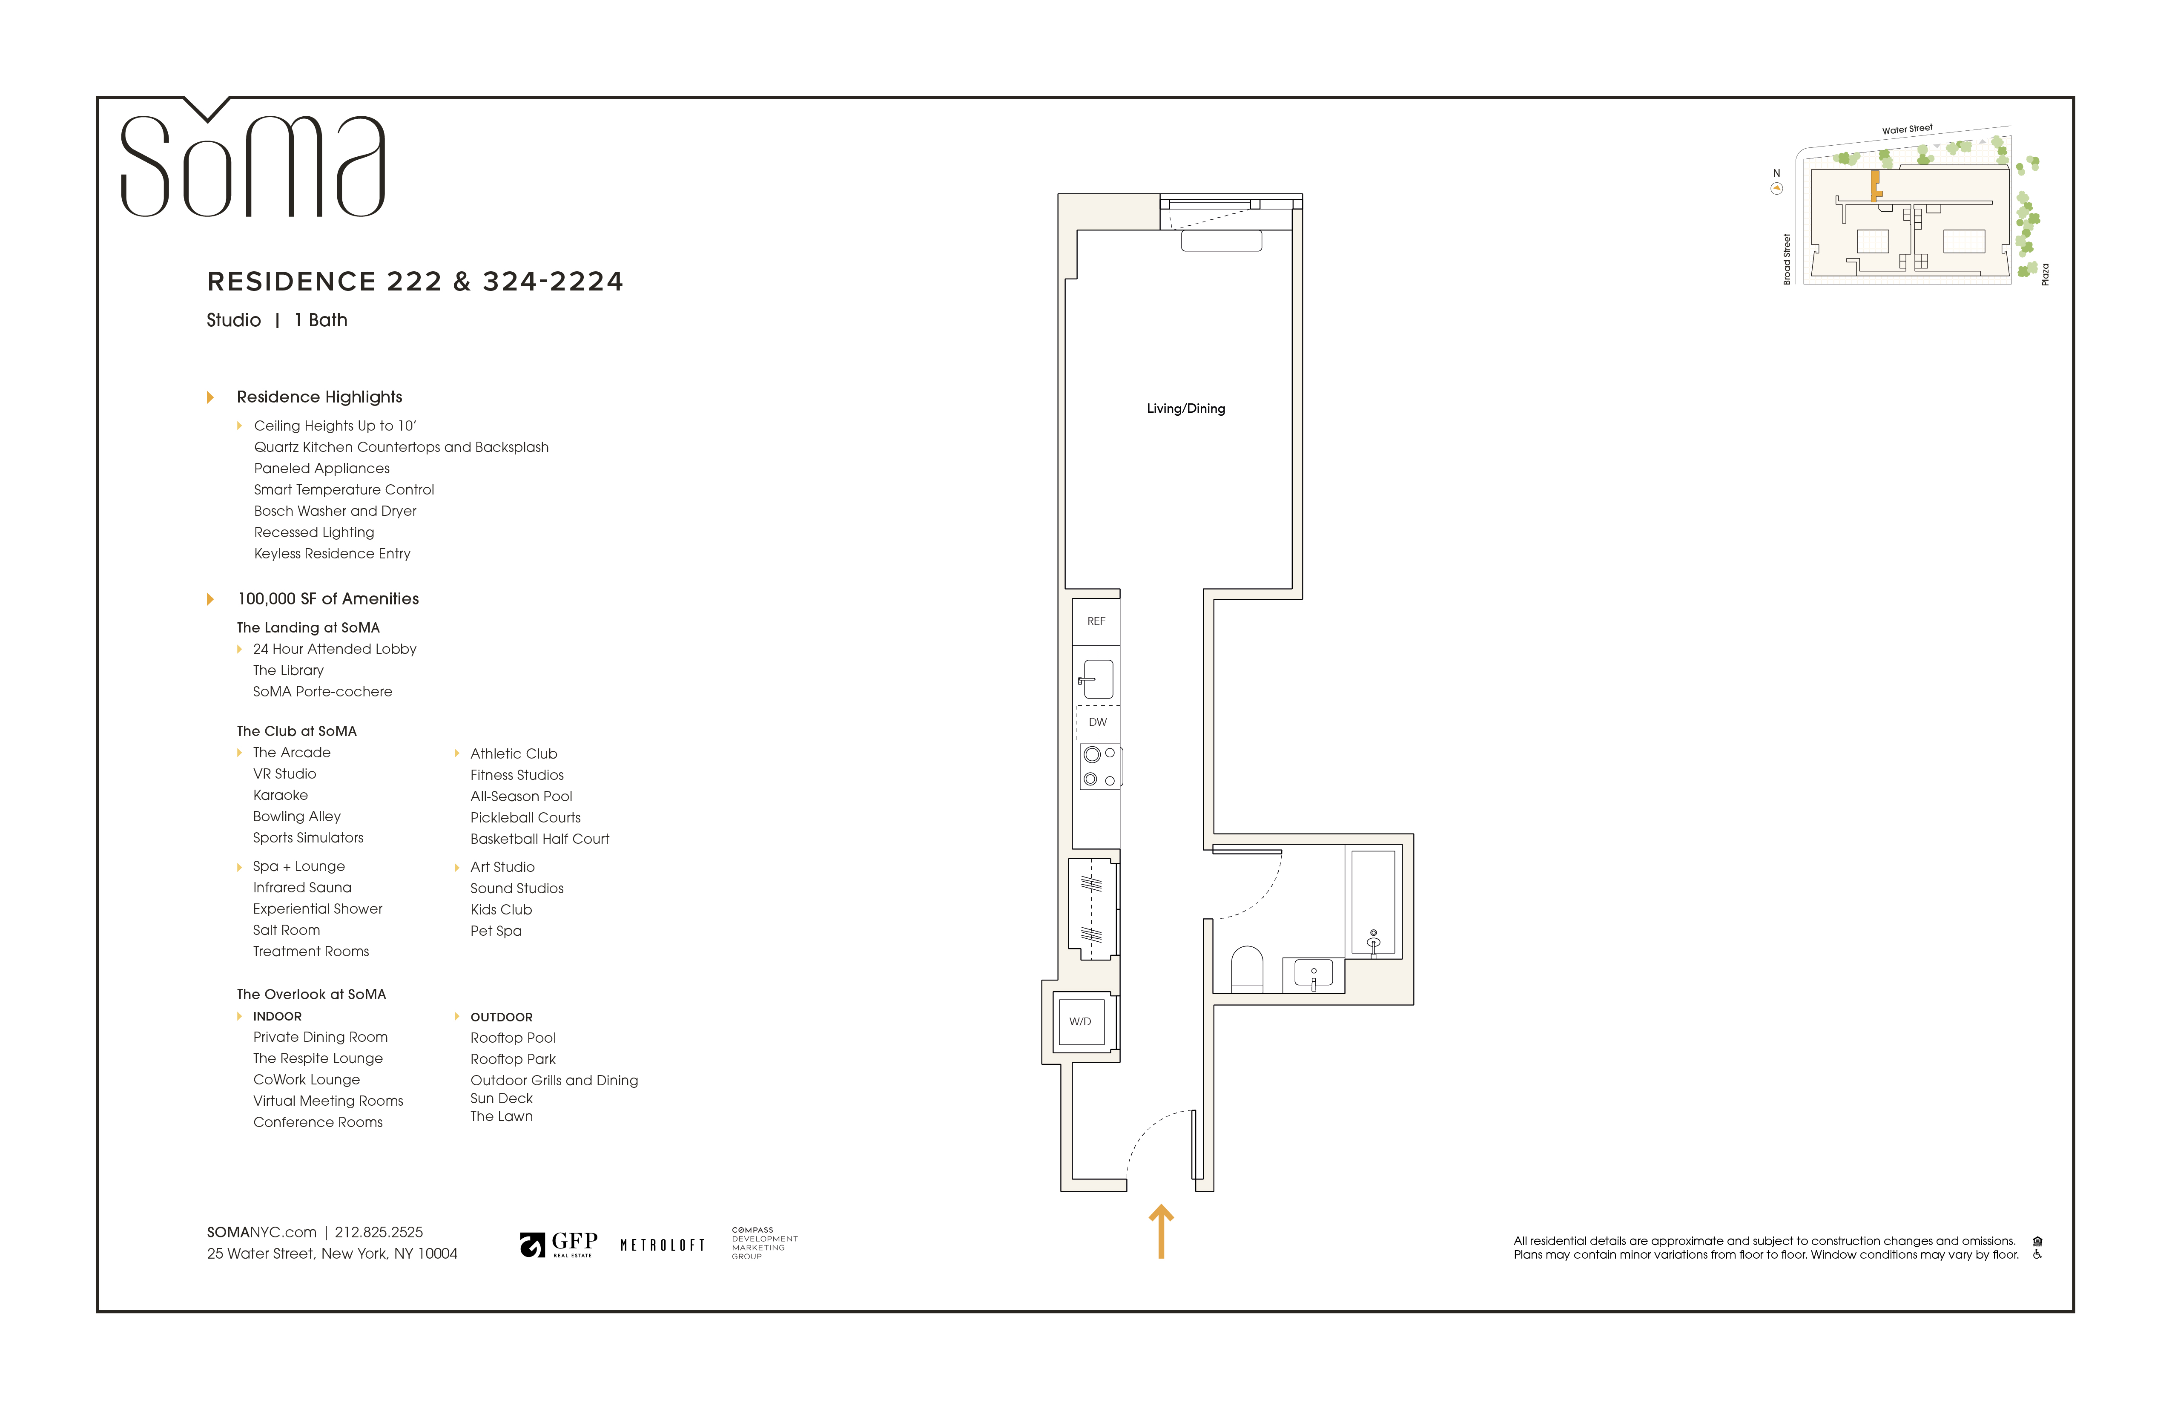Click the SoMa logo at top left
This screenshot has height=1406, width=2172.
coord(253,164)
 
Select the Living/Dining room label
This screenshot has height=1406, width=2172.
coord(1185,408)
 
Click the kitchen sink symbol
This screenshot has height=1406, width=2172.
coord(1098,679)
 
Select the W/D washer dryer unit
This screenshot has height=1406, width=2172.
coord(1081,1022)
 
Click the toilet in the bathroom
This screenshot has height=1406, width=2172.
coord(1247,969)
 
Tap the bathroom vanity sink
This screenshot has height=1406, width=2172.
coord(1313,974)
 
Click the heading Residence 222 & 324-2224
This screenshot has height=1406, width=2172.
coord(415,281)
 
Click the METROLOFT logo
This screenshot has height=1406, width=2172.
coord(663,1245)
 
